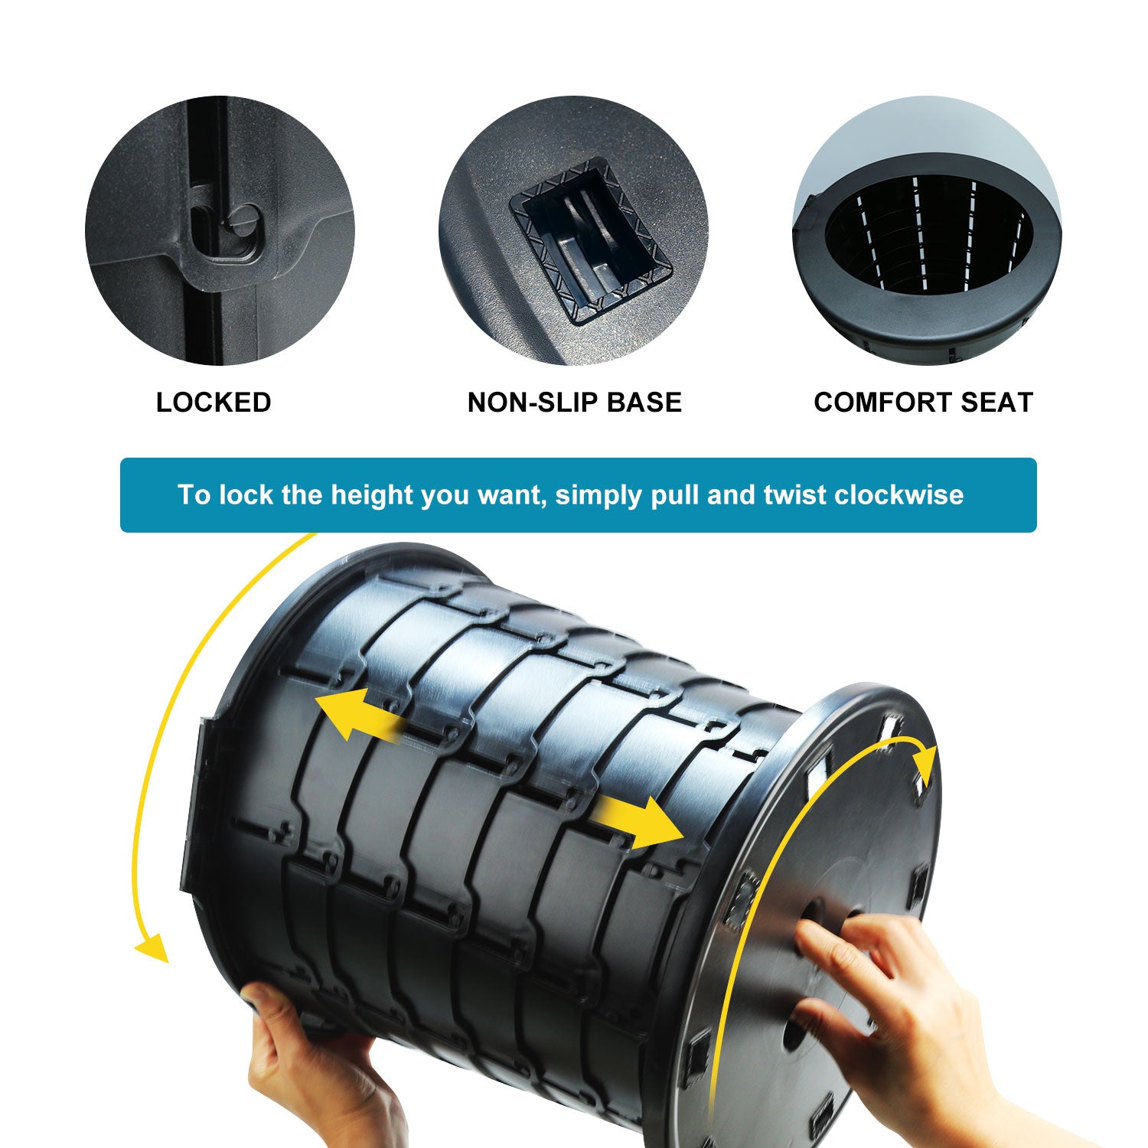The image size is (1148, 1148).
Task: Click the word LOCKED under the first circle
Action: point(214,403)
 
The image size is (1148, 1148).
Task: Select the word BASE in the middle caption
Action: point(644,403)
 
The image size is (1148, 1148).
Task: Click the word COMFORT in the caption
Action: point(881,403)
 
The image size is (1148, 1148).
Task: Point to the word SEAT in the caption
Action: point(994,403)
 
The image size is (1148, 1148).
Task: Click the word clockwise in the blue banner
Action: point(899,495)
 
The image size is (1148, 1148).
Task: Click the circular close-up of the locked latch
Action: point(220,230)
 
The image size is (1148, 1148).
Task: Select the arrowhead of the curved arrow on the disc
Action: point(926,765)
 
